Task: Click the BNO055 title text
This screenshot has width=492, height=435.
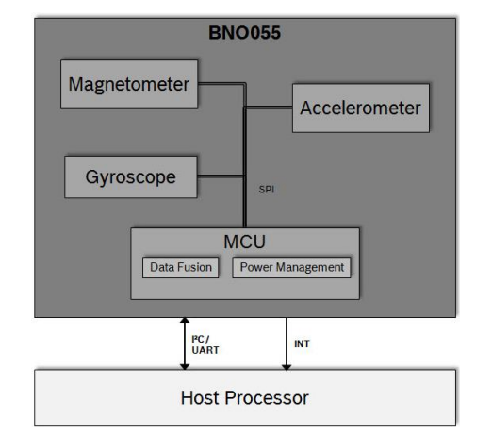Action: [244, 33]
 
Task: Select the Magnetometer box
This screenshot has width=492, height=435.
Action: [129, 84]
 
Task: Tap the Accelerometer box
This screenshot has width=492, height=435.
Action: [361, 108]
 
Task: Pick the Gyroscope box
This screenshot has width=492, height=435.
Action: [131, 177]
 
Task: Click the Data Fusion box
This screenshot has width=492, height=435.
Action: [181, 267]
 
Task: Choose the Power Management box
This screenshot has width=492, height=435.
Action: [291, 267]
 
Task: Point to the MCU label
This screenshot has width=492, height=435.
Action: [244, 242]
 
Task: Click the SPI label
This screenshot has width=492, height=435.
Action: [267, 190]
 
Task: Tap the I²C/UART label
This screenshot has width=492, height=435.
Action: [205, 344]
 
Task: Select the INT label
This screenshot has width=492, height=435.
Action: [302, 343]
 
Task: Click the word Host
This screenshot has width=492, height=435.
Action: [200, 397]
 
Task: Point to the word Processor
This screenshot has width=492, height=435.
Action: [267, 397]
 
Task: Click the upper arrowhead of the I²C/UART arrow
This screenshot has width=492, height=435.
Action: [185, 320]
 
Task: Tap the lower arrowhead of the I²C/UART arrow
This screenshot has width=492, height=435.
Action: [185, 367]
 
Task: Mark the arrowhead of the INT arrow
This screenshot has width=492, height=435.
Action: [287, 367]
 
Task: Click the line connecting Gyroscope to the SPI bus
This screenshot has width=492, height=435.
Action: [221, 176]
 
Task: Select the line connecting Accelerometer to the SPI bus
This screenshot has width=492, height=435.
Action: [269, 108]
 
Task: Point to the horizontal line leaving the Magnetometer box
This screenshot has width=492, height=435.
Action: [221, 84]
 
